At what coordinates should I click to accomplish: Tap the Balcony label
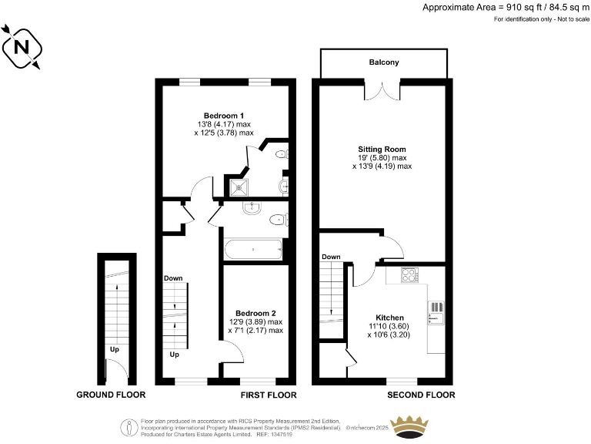tap(383, 62)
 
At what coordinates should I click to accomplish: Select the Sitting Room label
tap(382, 149)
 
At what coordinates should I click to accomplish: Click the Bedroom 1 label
tap(223, 116)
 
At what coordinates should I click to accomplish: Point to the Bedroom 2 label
tap(255, 313)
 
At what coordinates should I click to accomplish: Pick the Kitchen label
tap(389, 318)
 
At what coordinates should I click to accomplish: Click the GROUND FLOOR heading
tap(111, 395)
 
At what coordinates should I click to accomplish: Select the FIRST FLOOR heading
tap(269, 395)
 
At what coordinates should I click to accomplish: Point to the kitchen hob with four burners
tap(408, 274)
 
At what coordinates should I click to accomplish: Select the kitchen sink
tap(436, 312)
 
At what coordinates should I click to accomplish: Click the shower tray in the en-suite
tap(239, 186)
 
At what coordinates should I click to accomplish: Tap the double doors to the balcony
tap(382, 92)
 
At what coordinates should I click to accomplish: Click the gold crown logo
tap(410, 425)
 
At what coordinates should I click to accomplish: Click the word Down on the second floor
tap(331, 257)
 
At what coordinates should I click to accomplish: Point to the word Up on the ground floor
tap(115, 349)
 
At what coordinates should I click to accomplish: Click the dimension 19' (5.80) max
tap(382, 158)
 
